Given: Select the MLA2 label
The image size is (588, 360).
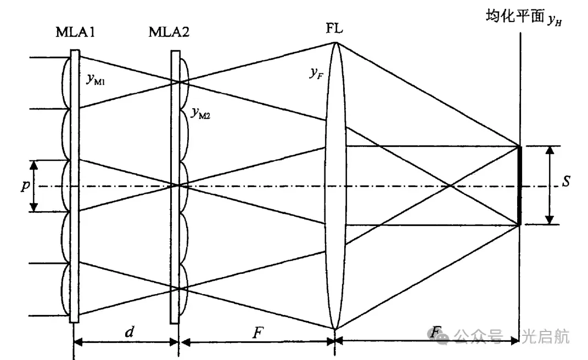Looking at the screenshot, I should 169,32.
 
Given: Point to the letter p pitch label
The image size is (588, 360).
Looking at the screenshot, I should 24,185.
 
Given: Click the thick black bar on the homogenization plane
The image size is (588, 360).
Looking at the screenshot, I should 519,185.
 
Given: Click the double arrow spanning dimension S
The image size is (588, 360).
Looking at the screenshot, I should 549,185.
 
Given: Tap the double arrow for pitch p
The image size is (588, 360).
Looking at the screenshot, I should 34,185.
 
